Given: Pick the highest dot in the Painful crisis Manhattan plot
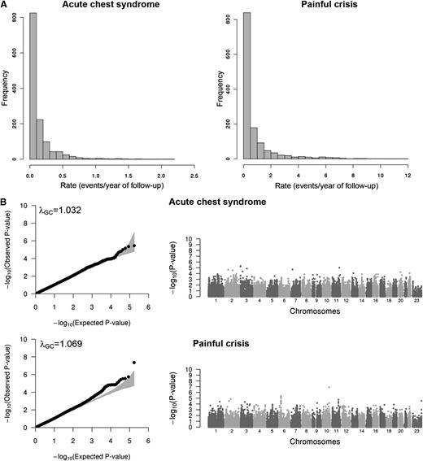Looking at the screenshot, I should (329, 388).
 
